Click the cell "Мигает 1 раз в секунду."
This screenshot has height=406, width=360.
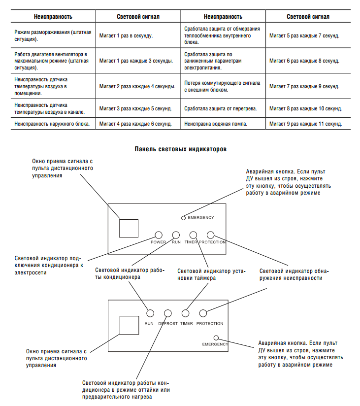click(x=126, y=36)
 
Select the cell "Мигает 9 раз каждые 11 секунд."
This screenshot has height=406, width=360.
click(x=305, y=124)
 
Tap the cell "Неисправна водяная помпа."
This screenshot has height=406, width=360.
click(x=216, y=124)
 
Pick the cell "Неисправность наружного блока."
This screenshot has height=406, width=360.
click(x=52, y=124)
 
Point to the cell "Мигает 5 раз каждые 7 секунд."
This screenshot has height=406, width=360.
click(x=304, y=36)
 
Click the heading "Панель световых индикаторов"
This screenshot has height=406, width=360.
click(x=180, y=149)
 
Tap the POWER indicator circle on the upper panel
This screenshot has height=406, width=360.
click(x=159, y=236)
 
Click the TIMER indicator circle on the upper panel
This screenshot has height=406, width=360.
click(x=194, y=236)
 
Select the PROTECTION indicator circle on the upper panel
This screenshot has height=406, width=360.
click(x=210, y=236)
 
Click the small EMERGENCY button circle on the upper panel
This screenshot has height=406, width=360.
click(x=183, y=218)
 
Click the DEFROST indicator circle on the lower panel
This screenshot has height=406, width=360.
click(x=168, y=313)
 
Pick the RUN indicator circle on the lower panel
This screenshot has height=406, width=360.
click(x=150, y=313)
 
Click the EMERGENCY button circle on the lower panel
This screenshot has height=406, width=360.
click(x=216, y=338)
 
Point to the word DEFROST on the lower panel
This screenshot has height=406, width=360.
click(x=168, y=324)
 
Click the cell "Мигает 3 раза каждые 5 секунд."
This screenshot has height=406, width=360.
click(x=135, y=108)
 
